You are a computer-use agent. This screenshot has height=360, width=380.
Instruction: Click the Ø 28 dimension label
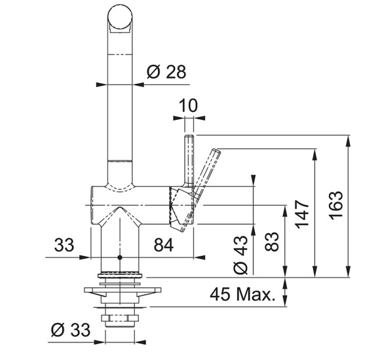[166, 72]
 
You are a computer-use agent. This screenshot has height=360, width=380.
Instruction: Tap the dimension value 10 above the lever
[188, 105]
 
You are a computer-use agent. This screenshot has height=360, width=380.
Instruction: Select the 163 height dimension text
[336, 206]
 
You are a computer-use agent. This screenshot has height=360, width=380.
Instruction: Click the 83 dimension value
[272, 242]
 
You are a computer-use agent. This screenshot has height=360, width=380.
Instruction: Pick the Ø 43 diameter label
[240, 255]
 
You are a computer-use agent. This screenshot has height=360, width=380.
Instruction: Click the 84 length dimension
[164, 245]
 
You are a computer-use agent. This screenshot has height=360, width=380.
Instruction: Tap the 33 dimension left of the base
[64, 245]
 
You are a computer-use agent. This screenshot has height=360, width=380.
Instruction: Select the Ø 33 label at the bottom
[71, 329]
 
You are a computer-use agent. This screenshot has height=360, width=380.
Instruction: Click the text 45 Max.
[243, 295]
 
